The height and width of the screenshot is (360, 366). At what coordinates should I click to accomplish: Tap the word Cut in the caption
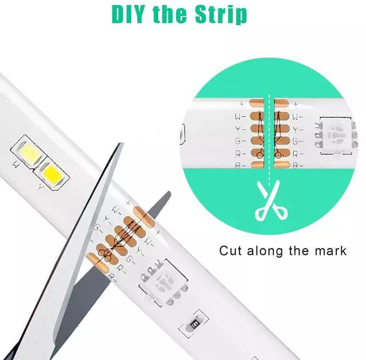[x=231, y=251]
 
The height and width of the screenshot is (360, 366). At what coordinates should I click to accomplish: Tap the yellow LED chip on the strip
[x=51, y=174]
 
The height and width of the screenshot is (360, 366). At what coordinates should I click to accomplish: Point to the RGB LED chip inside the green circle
[x=336, y=135]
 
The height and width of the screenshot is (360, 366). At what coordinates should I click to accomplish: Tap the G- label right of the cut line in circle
[x=298, y=141]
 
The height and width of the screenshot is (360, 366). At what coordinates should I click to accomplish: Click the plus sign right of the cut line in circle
[x=296, y=104]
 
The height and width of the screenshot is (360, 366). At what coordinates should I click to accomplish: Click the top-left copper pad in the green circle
[x=257, y=103]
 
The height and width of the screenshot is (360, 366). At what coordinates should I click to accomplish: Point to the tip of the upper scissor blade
[x=122, y=143]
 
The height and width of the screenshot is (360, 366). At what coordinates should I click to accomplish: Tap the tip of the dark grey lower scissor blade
[x=169, y=193]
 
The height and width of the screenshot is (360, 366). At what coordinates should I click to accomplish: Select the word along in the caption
[x=265, y=251]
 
